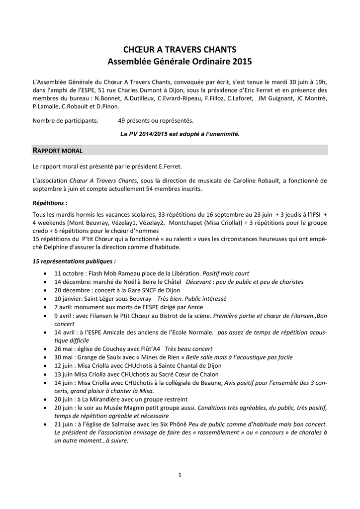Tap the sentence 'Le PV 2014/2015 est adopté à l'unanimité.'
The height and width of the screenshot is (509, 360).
180,134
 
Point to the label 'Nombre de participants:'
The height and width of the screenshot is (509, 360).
65,121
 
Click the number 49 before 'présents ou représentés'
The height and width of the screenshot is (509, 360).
122,121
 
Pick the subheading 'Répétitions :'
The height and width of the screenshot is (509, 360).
50,203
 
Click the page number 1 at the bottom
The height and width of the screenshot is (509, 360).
180,475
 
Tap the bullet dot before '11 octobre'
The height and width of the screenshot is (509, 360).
46,273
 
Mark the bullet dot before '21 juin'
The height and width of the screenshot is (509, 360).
46,424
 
